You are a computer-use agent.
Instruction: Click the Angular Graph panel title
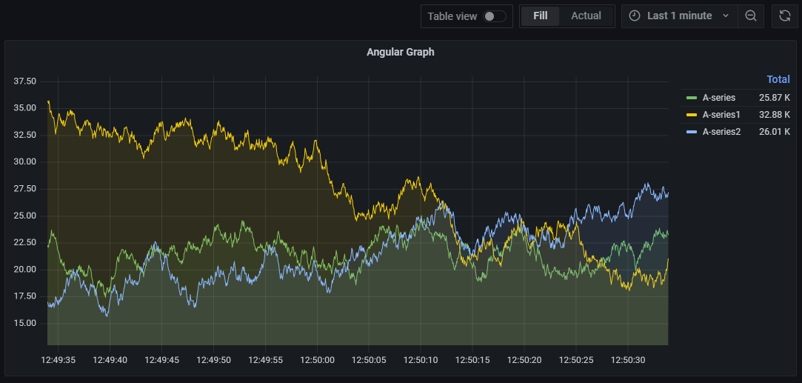pyautogui.click(x=400, y=52)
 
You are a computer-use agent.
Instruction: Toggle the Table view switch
pyautogui.click(x=495, y=16)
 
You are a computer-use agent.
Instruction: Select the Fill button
pyautogui.click(x=540, y=16)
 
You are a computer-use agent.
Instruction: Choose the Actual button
pyautogui.click(x=586, y=16)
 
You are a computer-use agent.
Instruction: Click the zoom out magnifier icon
pyautogui.click(x=750, y=16)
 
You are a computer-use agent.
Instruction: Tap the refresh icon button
pyautogui.click(x=785, y=16)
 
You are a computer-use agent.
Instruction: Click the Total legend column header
pyautogui.click(x=778, y=79)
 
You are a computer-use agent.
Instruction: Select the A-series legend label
pyautogui.click(x=719, y=97)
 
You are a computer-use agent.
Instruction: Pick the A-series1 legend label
pyautogui.click(x=721, y=114)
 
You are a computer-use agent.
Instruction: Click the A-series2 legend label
pyautogui.click(x=721, y=131)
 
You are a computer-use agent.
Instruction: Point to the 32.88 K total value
pyautogui.click(x=774, y=114)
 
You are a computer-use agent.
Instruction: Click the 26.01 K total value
pyautogui.click(x=774, y=131)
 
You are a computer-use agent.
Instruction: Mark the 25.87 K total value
pyautogui.click(x=774, y=97)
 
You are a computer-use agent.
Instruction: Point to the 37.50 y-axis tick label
pyautogui.click(x=25, y=81)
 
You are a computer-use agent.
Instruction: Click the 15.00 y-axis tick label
pyautogui.click(x=25, y=323)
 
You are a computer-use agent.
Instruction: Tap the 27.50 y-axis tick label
pyautogui.click(x=25, y=189)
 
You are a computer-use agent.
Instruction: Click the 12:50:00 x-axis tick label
pyautogui.click(x=317, y=360)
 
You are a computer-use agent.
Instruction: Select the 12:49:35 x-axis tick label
pyautogui.click(x=58, y=360)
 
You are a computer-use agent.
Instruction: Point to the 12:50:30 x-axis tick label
pyautogui.click(x=628, y=360)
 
